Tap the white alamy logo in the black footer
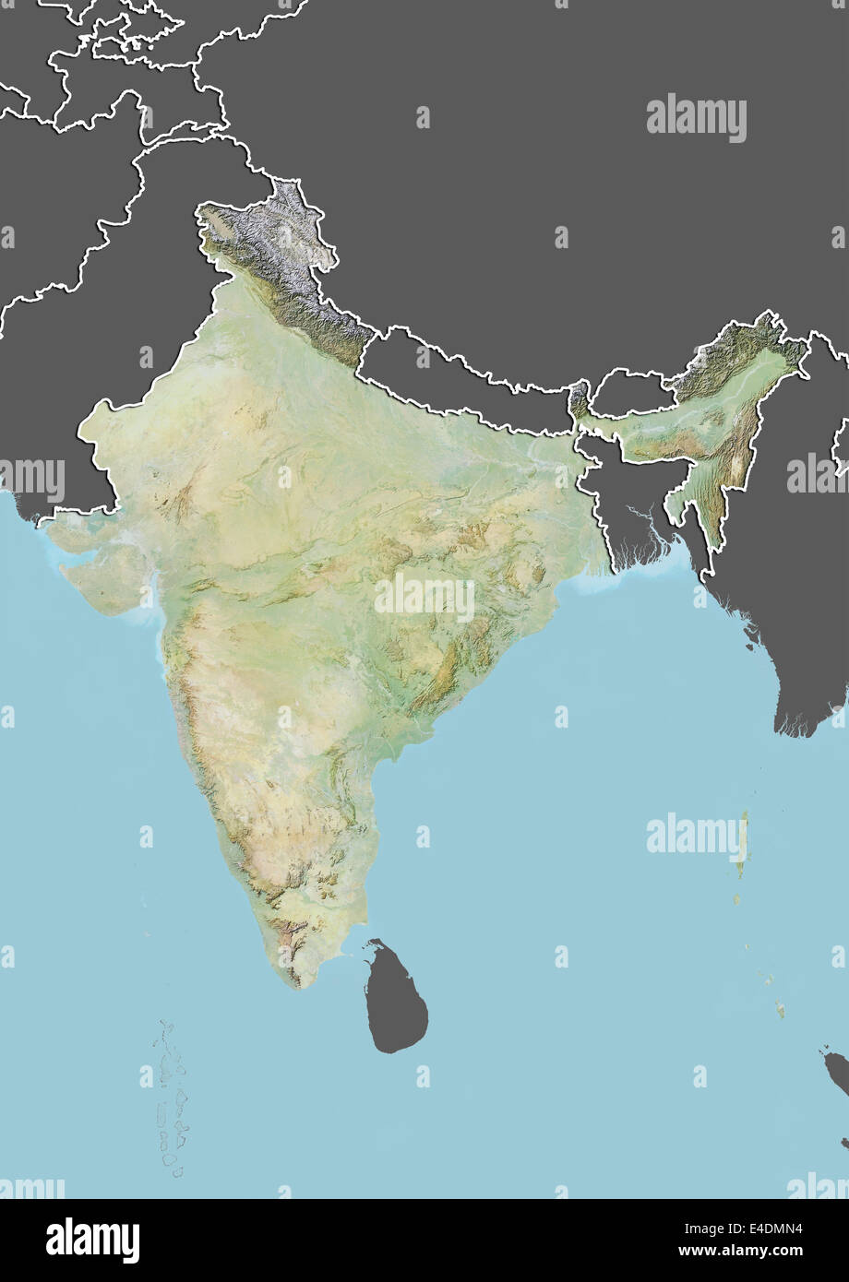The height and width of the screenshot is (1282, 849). tap(92, 1240)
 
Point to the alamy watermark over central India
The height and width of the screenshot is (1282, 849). tap(424, 599)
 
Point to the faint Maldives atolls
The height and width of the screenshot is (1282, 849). tap(171, 1098)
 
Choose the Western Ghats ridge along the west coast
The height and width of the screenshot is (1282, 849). tap(198, 729)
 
